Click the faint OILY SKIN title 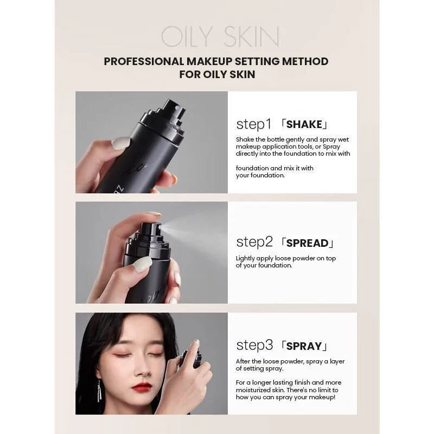click(220, 36)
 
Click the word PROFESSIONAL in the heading click(144, 61)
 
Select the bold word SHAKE click(304, 125)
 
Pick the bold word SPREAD click(307, 243)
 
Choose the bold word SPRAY click(304, 346)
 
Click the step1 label click(253, 124)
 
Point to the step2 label click(254, 242)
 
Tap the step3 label click(254, 345)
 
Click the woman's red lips click(142, 387)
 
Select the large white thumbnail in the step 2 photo click(143, 264)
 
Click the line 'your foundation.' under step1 click(260, 175)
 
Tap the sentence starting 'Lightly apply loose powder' click(286, 262)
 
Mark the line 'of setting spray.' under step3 click(260, 368)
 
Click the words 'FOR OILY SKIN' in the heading click(217, 74)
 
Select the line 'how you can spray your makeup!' click(285, 397)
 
